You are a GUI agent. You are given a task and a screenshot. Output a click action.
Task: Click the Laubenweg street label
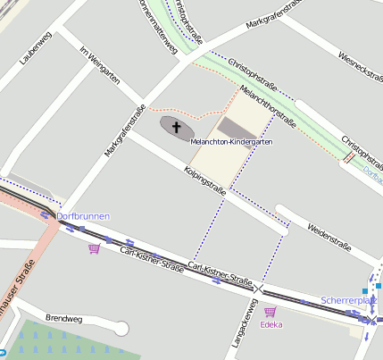click(x=33, y=49)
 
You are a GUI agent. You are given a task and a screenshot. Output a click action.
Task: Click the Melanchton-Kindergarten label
click(x=231, y=142)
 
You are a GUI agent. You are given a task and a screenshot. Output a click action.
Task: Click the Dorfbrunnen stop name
click(x=82, y=216)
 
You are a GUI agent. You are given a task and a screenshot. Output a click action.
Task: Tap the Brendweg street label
click(x=63, y=318)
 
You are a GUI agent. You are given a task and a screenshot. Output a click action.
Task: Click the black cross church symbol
click(x=176, y=128)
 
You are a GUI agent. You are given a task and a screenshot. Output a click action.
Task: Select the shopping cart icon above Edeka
click(x=271, y=311)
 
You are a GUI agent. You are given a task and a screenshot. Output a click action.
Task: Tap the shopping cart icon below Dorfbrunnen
click(x=94, y=248)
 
